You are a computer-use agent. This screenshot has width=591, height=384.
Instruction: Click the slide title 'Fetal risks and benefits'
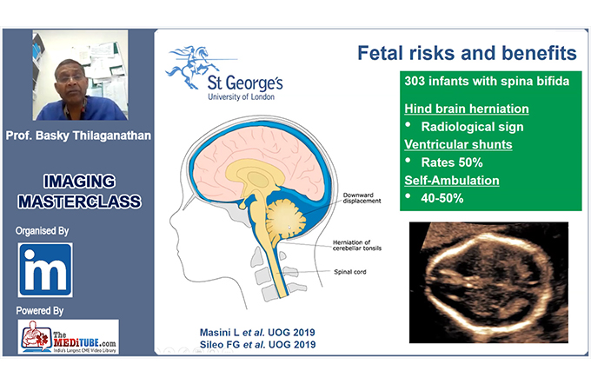tap(467, 53)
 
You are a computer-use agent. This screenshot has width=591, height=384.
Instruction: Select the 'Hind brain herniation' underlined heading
tap(467, 109)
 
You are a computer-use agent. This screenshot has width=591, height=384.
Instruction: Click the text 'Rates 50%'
tap(452, 162)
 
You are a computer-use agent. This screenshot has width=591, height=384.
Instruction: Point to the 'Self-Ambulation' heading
tap(452, 180)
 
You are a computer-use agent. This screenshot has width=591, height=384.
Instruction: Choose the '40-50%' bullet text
tap(442, 198)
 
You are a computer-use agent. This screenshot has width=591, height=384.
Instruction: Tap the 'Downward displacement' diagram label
tap(362, 198)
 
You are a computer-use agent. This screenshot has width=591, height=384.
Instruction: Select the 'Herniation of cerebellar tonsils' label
tap(357, 245)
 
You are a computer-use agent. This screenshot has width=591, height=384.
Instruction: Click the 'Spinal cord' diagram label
tap(349, 272)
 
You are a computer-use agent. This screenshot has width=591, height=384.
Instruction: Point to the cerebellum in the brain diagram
tap(286, 219)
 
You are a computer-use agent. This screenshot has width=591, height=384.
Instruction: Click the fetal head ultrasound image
tap(488, 282)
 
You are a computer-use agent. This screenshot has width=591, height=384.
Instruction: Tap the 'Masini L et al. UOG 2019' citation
tap(257, 333)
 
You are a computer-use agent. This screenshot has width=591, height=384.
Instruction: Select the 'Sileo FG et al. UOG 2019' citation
tap(258, 344)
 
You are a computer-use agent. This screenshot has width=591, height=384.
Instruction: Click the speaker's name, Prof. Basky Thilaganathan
tap(78, 136)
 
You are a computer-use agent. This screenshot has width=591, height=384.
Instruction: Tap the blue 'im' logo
tap(45, 270)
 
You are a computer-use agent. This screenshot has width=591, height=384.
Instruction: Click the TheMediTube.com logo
tap(68, 337)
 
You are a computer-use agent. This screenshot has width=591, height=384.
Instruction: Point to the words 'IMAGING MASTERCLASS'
tap(80, 191)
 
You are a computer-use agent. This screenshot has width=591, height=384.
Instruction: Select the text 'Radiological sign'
tap(472, 127)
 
